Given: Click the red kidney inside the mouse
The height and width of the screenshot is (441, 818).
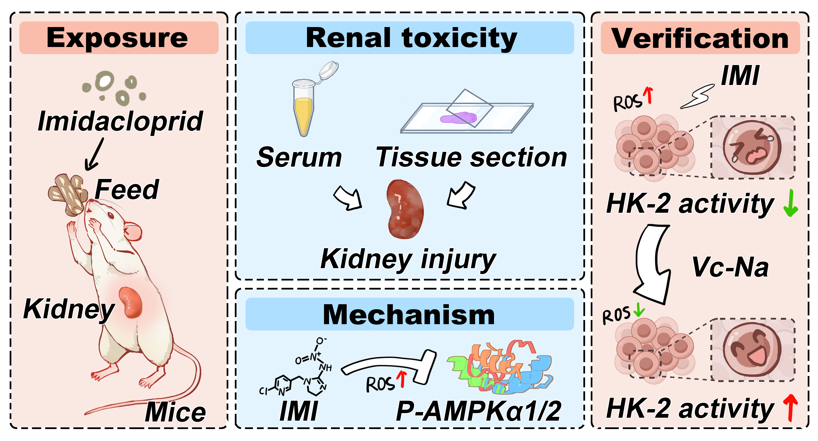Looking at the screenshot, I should [x=131, y=302].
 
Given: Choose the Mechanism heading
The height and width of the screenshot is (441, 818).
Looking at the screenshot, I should [x=409, y=315].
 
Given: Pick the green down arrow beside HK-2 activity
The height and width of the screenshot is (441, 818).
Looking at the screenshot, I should [x=791, y=203].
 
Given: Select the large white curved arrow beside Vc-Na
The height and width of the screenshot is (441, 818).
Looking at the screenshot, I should [x=653, y=264].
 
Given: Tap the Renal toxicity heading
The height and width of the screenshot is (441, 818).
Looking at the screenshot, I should [x=411, y=38].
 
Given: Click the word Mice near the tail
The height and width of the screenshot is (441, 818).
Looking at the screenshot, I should [x=175, y=412].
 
